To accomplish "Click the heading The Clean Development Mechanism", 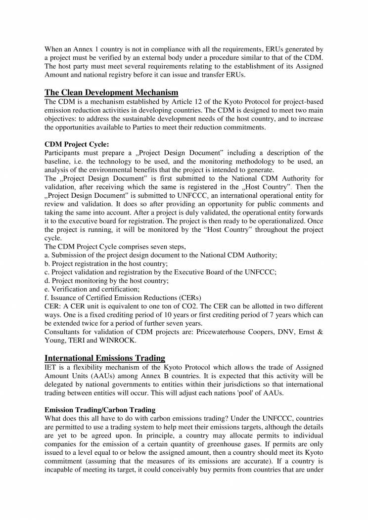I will tap(111, 92).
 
